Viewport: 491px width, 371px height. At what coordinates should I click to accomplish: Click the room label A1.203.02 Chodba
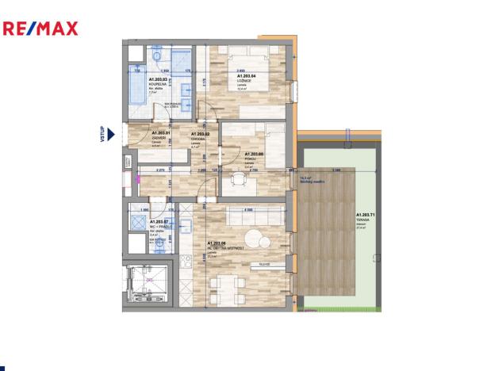click(x=200, y=140)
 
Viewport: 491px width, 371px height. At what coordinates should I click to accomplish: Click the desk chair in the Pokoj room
click(x=236, y=181)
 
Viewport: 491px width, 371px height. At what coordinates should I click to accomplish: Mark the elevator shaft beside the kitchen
click(x=146, y=282)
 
